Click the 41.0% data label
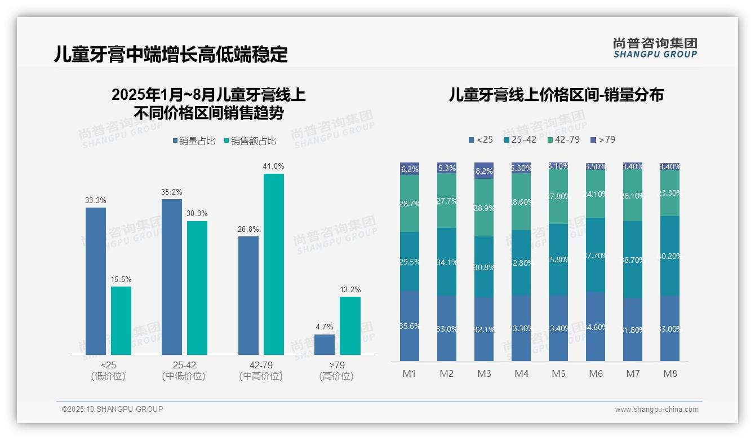pyautogui.click(x=273, y=166)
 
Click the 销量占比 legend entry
pyautogui.click(x=193, y=141)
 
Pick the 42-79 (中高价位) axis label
pyautogui.click(x=261, y=370)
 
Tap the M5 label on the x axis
pyautogui.click(x=558, y=373)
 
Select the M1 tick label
pyautogui.click(x=410, y=373)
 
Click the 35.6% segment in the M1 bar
pyautogui.click(x=410, y=325)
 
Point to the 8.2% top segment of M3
pyautogui.click(x=484, y=170)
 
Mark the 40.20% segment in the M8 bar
pyautogui.click(x=670, y=256)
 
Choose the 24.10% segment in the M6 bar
pyautogui.click(x=596, y=193)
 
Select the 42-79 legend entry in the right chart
pyautogui.click(x=563, y=139)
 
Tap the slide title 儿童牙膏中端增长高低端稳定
pyautogui.click(x=171, y=54)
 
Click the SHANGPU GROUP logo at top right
pyautogui.click(x=655, y=48)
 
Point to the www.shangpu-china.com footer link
pyautogui.click(x=656, y=410)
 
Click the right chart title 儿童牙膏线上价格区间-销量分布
pyautogui.click(x=556, y=95)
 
